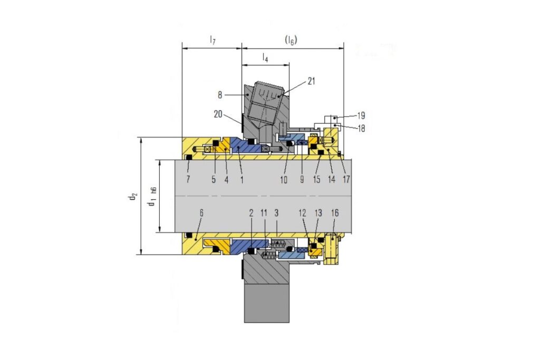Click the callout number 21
point(311,81)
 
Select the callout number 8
point(220,95)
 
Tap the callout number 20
point(218,114)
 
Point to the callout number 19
point(361,115)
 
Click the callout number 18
point(361,129)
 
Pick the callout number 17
point(346,179)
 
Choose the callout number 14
point(331,179)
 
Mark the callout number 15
point(316,179)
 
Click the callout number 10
point(283,179)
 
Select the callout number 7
point(188,179)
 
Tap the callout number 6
point(201,213)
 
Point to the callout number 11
point(264,213)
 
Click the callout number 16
point(335,213)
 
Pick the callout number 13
point(318,213)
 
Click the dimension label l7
point(213,40)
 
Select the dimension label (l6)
point(291,40)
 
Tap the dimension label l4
point(265,57)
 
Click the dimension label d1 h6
point(152,198)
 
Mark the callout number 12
point(302,213)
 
